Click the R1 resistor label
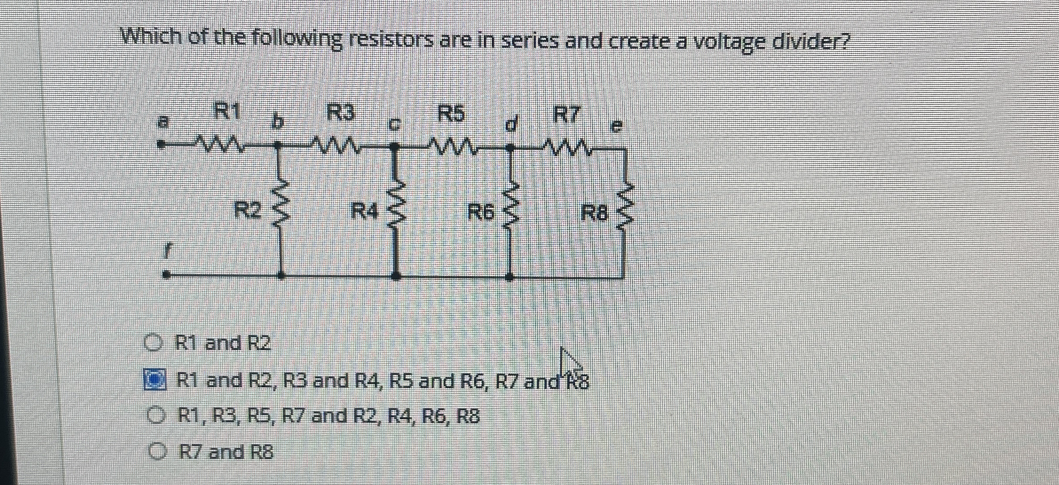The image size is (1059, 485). (x=227, y=111)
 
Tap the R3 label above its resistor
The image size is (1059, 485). (x=341, y=112)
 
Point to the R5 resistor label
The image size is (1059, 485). (x=451, y=114)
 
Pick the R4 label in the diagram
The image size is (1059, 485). (x=364, y=211)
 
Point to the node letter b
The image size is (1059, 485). (x=277, y=123)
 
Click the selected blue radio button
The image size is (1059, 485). (x=154, y=380)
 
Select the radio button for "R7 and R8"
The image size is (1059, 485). (x=156, y=452)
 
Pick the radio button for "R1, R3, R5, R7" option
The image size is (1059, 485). (x=155, y=416)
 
